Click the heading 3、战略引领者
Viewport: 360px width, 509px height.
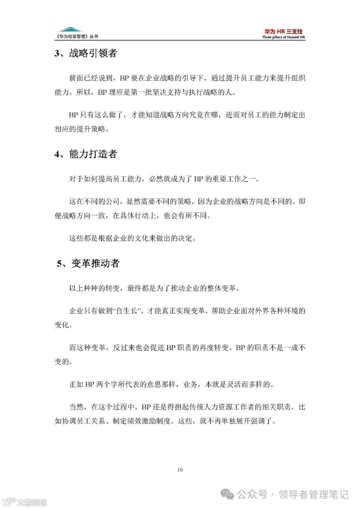[x=86, y=53]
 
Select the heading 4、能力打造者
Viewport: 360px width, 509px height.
[x=86, y=154]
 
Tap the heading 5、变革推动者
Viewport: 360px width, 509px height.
[x=88, y=264]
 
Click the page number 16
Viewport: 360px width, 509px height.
[x=180, y=470]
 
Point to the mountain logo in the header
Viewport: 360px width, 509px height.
[x=70, y=30]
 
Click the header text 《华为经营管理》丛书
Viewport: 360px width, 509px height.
[x=77, y=37]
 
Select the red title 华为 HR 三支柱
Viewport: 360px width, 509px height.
[x=283, y=31]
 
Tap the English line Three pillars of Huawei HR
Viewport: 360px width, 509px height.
[x=283, y=37]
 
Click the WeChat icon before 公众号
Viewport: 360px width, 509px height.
[x=229, y=494]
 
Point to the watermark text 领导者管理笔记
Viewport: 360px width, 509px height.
[x=313, y=494]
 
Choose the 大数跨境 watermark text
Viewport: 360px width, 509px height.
[x=32, y=502]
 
